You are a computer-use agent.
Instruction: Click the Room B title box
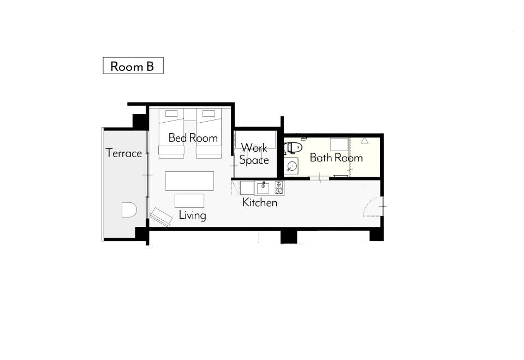(133, 65)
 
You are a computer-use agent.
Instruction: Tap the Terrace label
(124, 153)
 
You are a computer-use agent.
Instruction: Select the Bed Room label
(193, 137)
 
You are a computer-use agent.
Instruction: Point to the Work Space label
(254, 154)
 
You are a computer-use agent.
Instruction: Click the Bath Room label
(336, 157)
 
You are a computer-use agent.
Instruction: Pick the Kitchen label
(260, 202)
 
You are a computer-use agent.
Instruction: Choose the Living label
(193, 215)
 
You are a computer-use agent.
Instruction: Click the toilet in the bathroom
(293, 147)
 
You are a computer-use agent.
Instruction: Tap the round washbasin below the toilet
(292, 166)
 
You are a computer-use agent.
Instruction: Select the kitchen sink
(263, 188)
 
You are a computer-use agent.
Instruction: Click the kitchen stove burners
(279, 188)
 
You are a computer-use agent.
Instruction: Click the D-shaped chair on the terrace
(129, 209)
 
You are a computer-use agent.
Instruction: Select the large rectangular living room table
(189, 181)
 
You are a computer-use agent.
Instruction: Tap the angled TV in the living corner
(160, 217)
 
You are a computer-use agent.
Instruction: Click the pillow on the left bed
(171, 113)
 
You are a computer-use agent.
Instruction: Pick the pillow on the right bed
(209, 113)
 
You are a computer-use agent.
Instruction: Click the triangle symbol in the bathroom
(365, 141)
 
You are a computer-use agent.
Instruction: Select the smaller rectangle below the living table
(189, 201)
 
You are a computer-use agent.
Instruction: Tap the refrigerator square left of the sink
(247, 188)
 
